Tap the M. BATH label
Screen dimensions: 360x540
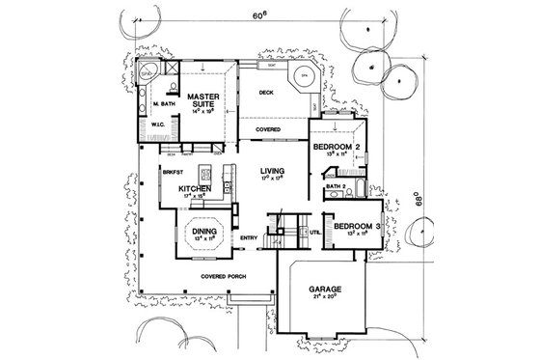161,101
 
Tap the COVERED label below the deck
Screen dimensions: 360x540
267,128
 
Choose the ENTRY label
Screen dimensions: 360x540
249,237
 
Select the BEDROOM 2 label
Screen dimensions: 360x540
337,146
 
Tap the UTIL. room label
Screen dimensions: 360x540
314,233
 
